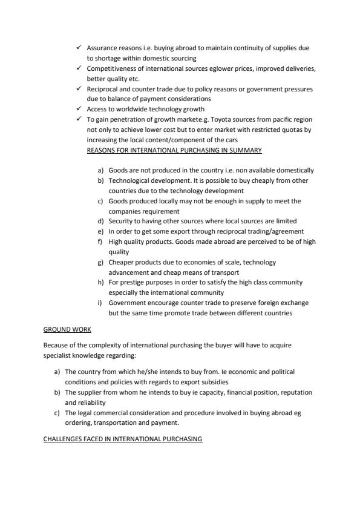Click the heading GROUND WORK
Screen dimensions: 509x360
(67, 329)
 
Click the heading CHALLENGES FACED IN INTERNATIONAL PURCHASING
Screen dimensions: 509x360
(122, 439)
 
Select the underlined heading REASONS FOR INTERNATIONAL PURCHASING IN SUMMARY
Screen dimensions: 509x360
(174, 150)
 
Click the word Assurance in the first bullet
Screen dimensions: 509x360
(102, 48)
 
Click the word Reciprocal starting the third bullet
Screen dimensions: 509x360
(103, 89)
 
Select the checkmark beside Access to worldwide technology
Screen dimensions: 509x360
(79, 109)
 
